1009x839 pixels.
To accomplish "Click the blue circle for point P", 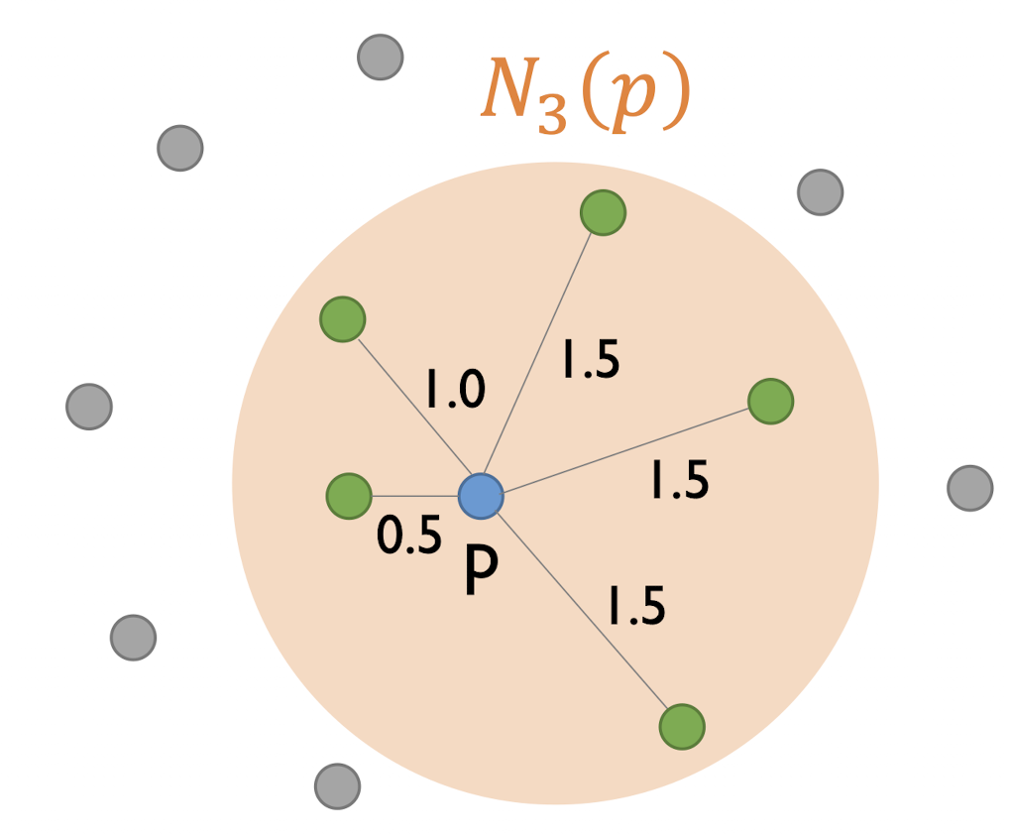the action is coord(481,495).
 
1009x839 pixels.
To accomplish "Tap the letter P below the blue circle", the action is coord(481,572).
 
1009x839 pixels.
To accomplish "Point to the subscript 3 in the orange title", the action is coord(553,117).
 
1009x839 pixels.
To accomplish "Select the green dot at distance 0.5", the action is coord(348,495).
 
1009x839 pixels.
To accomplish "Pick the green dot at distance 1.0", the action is coord(343,319).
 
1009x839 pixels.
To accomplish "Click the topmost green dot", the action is coord(603,212).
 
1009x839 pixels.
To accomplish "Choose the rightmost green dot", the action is coord(770,401).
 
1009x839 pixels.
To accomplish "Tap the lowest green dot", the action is coord(682,727).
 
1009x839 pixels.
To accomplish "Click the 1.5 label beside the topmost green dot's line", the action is coord(590,360).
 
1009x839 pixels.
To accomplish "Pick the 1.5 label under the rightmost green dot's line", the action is coord(679,482).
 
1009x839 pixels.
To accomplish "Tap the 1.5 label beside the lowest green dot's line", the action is coord(635,606).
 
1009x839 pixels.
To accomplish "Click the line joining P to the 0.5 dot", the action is coord(414,495).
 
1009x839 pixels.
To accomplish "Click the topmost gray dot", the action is coord(380,57).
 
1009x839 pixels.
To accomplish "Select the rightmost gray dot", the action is coord(969,488).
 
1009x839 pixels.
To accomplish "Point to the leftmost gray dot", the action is coord(89,407).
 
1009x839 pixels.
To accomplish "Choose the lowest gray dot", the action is coord(337,786).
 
